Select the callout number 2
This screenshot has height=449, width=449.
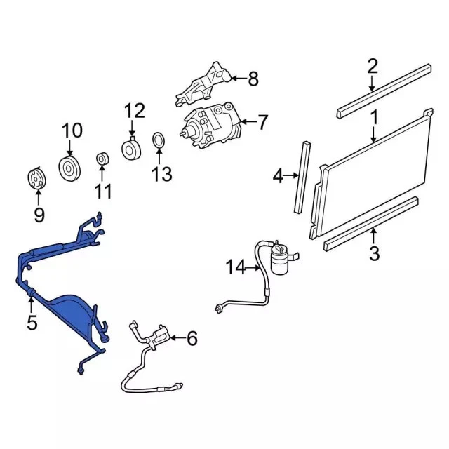tap(373, 67)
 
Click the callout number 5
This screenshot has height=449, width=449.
tap(32, 324)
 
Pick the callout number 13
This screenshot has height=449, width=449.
tap(161, 173)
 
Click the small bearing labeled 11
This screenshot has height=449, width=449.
tap(102, 159)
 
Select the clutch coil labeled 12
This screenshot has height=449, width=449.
tap(131, 150)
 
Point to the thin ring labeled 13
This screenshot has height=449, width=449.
tap(159, 140)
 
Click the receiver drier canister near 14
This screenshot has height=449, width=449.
tap(279, 260)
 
